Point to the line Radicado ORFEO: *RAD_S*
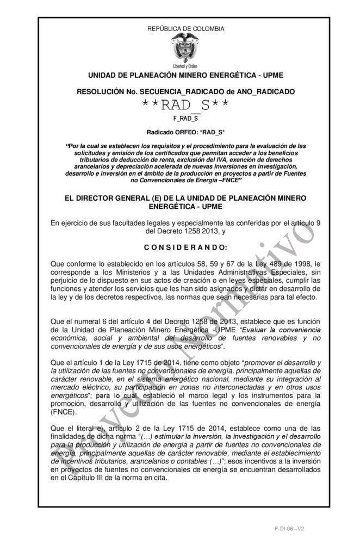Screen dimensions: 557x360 [x=180, y=132]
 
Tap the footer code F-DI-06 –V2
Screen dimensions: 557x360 [x=289, y=528]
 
